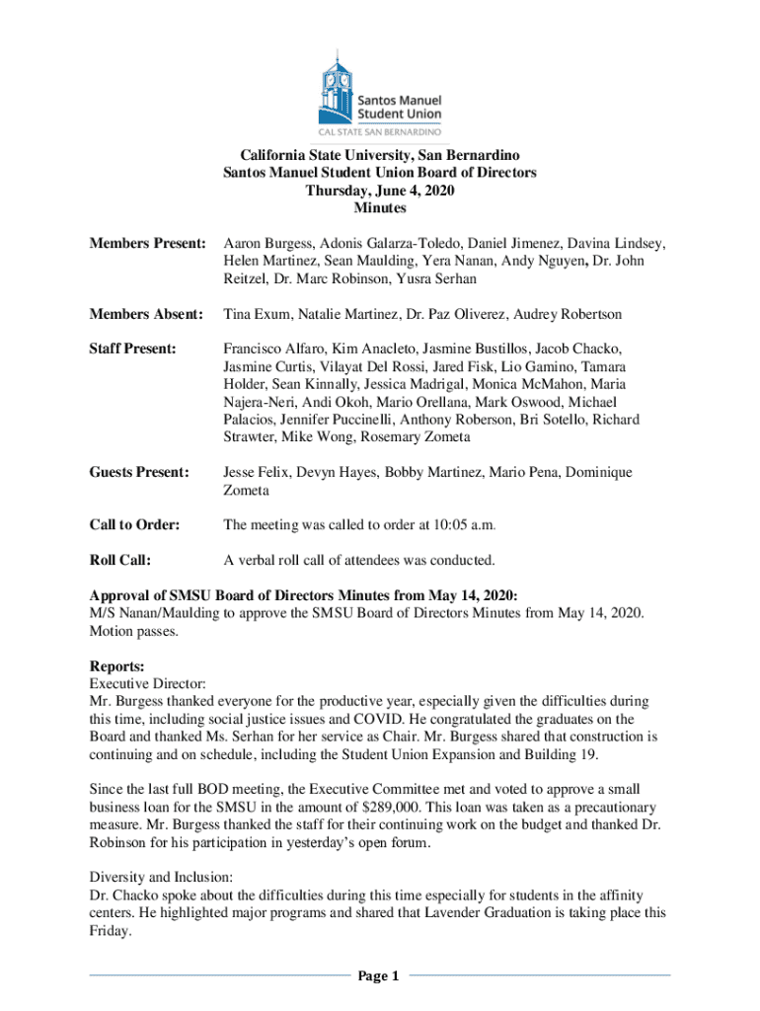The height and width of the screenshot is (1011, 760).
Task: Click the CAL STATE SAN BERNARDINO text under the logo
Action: pos(380,130)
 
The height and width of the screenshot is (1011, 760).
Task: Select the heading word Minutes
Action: pos(380,208)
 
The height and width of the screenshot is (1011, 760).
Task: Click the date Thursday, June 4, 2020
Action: pos(380,191)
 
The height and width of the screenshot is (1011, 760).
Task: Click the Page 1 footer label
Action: pos(379,977)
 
